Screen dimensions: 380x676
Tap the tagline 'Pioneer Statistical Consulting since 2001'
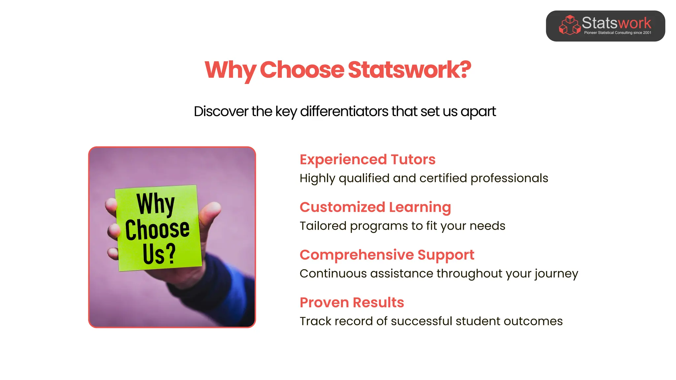[x=617, y=33]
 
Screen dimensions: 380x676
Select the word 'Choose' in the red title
[x=302, y=70]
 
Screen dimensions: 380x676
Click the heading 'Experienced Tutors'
[x=367, y=159]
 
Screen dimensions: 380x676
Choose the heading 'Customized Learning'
[x=375, y=207]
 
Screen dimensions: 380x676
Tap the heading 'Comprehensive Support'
[x=387, y=255]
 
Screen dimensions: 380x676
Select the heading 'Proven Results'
[x=352, y=302]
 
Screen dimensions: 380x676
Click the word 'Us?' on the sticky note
[x=159, y=254]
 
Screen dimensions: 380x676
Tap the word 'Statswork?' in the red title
[x=409, y=70]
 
